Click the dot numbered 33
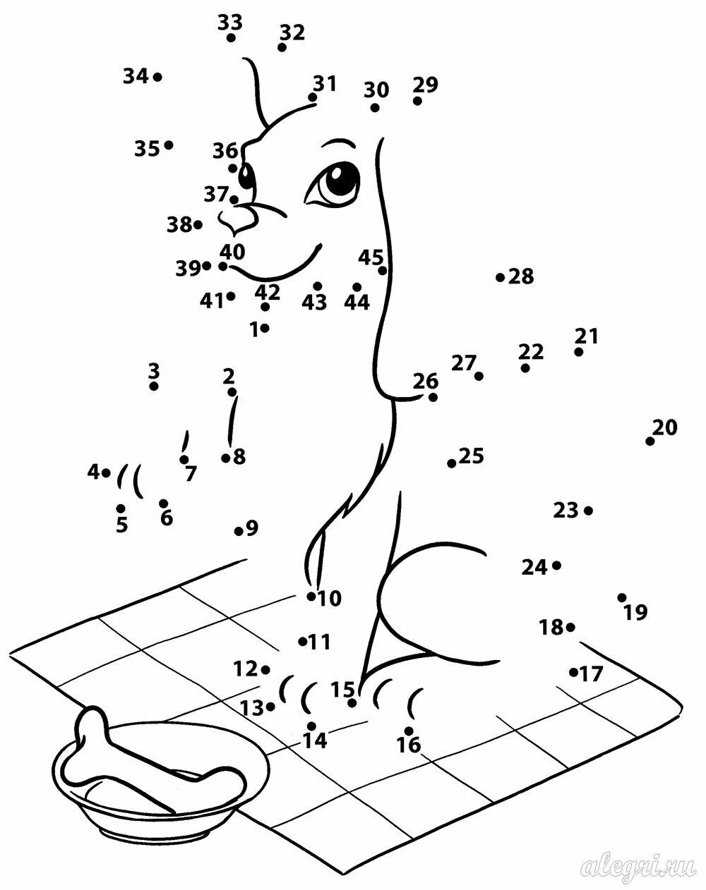(231, 37)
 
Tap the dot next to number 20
(650, 441)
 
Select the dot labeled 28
(500, 277)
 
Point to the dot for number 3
(154, 386)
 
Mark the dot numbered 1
(265, 328)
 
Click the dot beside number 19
(622, 597)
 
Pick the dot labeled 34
(157, 77)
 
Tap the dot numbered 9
(239, 530)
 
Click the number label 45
(370, 257)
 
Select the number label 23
(565, 510)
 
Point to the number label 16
(409, 745)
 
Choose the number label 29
(426, 85)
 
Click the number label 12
(246, 669)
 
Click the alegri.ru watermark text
(638, 867)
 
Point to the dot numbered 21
(579, 352)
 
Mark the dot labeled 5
(121, 508)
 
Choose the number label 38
(179, 225)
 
